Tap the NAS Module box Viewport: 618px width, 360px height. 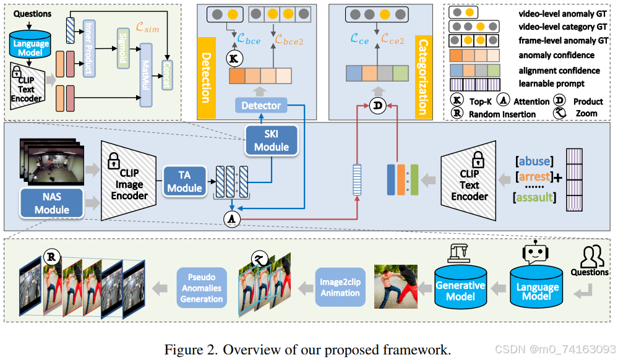(52, 202)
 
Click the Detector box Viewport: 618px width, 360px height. (261, 106)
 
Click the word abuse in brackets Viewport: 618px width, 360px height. (533, 161)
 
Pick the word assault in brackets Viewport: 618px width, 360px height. (533, 198)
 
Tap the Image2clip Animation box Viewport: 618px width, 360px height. (340, 286)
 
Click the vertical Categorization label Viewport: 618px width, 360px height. (424, 77)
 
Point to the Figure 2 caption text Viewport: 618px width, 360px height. (307, 349)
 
